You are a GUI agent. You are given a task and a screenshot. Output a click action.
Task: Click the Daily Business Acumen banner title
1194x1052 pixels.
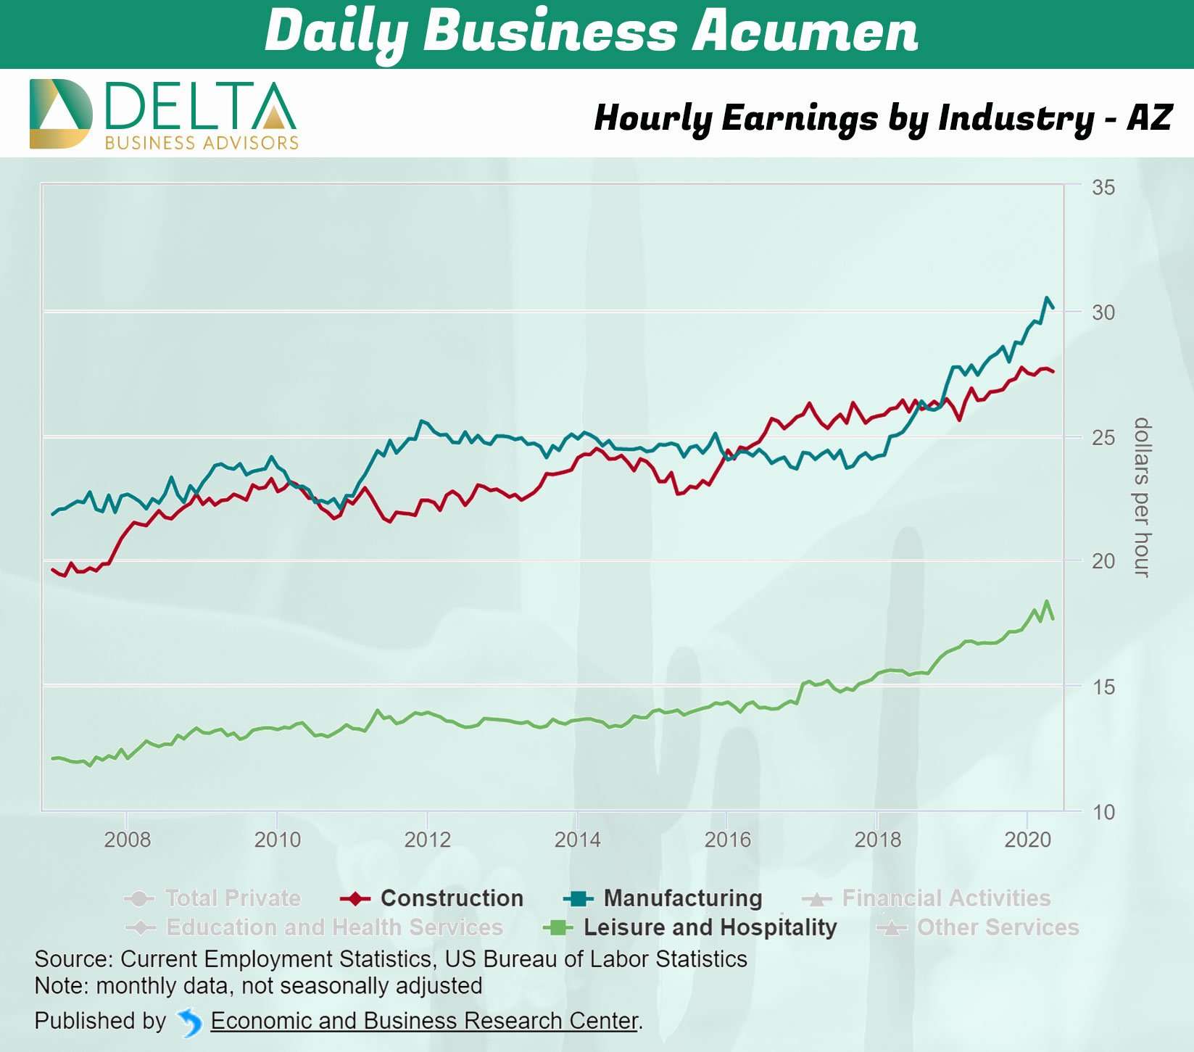click(x=592, y=33)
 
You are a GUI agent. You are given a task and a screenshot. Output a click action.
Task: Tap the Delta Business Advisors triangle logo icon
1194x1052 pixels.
click(x=61, y=114)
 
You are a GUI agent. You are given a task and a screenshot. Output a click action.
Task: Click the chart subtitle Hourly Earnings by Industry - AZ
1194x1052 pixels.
click(x=882, y=117)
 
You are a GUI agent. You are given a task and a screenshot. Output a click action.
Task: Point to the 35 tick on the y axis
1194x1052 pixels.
click(x=1103, y=188)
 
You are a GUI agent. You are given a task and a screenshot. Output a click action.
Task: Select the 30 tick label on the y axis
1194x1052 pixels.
click(x=1103, y=312)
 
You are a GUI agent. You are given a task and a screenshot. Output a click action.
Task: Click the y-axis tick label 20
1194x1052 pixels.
click(x=1103, y=561)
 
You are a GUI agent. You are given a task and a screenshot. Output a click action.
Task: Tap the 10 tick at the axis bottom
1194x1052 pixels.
click(x=1103, y=812)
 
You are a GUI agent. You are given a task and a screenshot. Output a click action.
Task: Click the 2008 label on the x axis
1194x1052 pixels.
click(x=128, y=840)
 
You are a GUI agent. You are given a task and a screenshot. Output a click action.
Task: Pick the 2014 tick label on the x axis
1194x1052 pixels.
click(x=577, y=840)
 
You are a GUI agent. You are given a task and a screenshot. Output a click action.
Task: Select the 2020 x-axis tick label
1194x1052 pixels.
click(x=1027, y=840)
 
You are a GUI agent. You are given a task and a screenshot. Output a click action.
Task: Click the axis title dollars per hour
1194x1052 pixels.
click(x=1142, y=497)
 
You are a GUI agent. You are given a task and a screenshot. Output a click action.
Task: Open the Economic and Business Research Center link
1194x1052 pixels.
click(x=425, y=1021)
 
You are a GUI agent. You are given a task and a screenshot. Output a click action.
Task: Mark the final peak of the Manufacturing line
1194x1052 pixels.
click(x=1047, y=297)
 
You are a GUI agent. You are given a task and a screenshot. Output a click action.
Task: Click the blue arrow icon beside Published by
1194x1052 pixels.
click(x=190, y=1022)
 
